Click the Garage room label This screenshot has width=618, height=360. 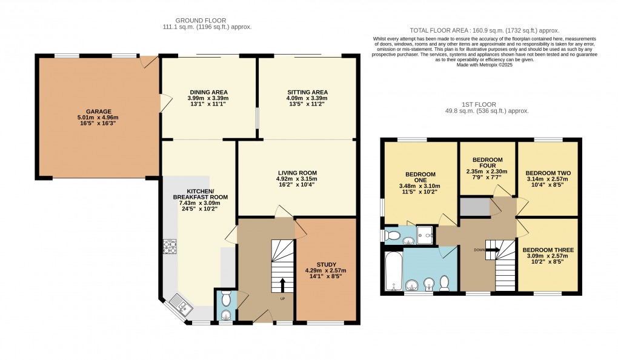(x=98, y=112)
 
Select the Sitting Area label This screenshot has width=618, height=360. (x=307, y=92)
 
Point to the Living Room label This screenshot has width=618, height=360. (x=297, y=173)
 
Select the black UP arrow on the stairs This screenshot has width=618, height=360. (x=282, y=284)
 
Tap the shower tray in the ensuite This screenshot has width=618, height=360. (x=427, y=235)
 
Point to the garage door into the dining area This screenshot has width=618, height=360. (x=162, y=103)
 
